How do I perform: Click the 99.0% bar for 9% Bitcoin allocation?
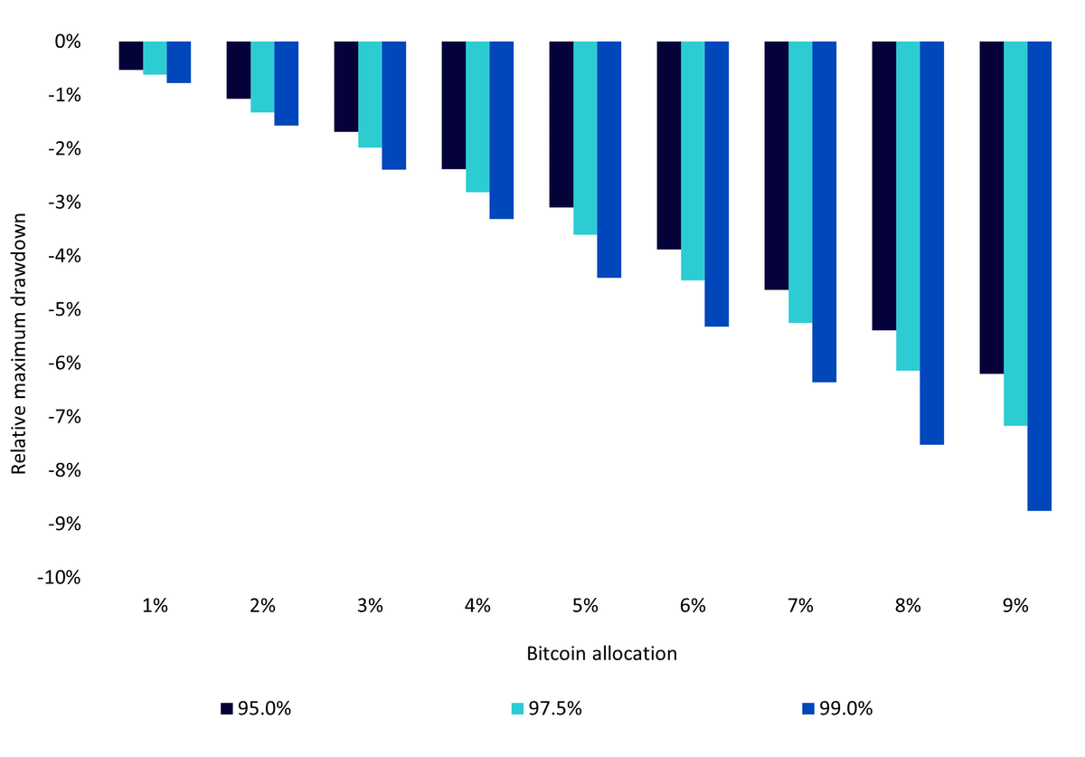(1040, 276)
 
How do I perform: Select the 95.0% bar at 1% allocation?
(131, 56)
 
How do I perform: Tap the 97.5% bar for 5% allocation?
(585, 138)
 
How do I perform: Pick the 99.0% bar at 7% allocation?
(825, 212)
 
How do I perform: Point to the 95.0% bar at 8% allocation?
(884, 185)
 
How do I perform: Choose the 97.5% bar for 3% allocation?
(370, 94)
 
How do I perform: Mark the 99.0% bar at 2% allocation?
(287, 83)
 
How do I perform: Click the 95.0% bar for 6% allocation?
(669, 146)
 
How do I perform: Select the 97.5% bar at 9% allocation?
(1015, 233)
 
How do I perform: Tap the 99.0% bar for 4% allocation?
(501, 130)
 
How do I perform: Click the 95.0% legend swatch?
(227, 708)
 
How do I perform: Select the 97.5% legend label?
(555, 708)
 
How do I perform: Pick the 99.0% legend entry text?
(845, 708)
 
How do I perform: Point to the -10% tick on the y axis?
(59, 577)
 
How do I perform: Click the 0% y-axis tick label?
(68, 42)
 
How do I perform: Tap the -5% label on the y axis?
(64, 309)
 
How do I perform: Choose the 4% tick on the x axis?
(477, 606)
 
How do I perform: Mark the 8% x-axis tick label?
(908, 606)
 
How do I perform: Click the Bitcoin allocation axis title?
(601, 654)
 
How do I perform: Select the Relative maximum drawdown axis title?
(18, 344)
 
